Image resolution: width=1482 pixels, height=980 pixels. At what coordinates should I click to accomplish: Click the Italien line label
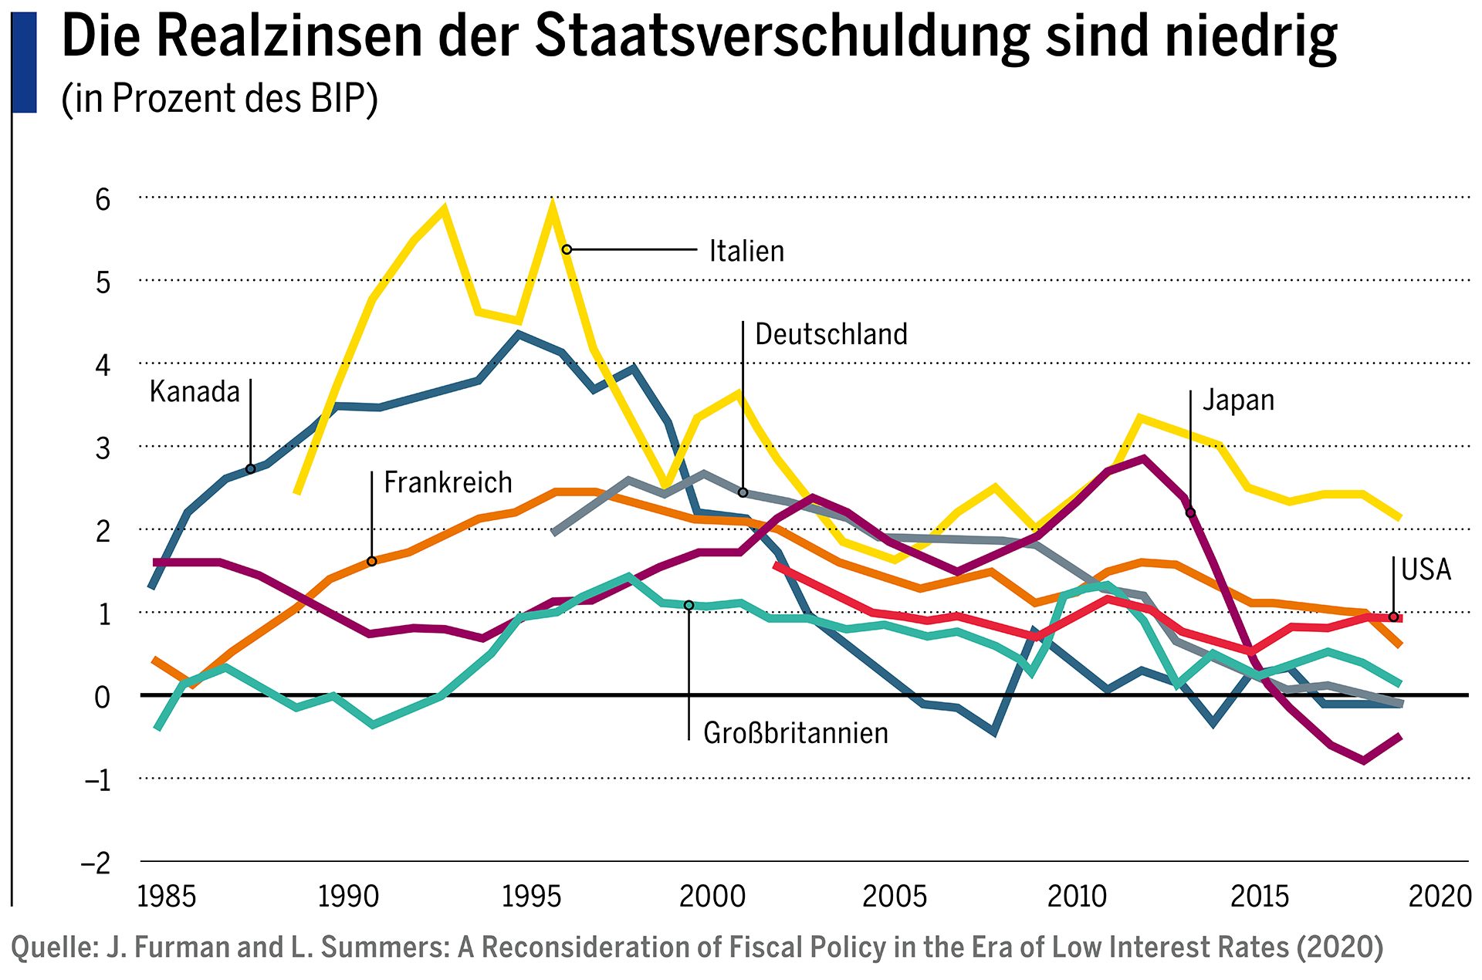pos(746,252)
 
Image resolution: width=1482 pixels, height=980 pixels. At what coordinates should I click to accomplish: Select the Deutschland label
pos(831,335)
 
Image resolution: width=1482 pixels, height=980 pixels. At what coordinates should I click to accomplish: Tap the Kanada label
pos(195,392)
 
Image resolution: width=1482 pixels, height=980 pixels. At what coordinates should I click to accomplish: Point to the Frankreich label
pos(448,483)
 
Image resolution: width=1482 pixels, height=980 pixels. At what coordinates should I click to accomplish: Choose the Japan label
pos(1238,400)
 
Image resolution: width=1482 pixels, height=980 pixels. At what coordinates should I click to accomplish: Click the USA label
pos(1426,569)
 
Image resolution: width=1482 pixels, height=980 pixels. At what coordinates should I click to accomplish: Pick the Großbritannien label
pos(795,733)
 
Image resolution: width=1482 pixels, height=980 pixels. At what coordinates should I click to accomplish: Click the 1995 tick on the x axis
pos(531,897)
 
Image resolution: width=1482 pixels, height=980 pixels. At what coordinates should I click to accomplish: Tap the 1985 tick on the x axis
pos(166,897)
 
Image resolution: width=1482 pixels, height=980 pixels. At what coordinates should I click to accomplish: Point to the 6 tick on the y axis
pos(103,200)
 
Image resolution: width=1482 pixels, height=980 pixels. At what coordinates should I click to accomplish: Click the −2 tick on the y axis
pos(96,863)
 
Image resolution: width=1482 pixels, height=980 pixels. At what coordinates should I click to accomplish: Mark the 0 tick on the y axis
pos(103,697)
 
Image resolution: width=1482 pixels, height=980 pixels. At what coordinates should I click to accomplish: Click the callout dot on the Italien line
pos(567,249)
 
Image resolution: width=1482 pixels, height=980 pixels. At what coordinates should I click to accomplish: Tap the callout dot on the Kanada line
pos(251,469)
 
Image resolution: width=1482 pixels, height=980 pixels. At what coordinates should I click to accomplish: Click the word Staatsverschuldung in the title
pos(782,37)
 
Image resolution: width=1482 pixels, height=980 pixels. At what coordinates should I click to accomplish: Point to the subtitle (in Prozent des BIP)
pos(219,99)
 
